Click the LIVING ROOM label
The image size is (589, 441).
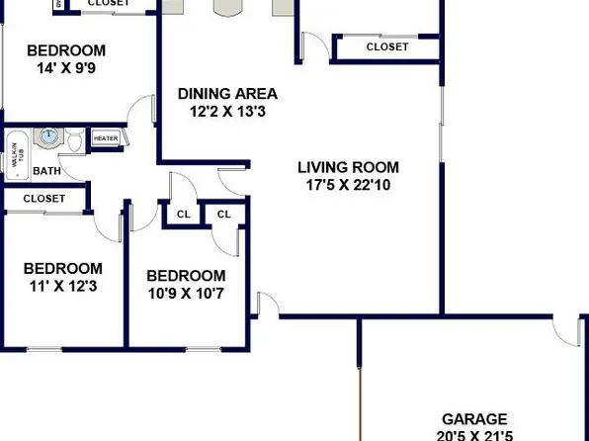(345, 166)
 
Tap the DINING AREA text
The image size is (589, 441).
(227, 94)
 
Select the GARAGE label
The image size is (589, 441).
(474, 419)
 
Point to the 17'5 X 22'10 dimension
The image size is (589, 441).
(345, 185)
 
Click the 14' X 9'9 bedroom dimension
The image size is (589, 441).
(66, 69)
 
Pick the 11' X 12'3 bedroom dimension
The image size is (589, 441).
(63, 287)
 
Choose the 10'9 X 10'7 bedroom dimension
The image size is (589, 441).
(186, 294)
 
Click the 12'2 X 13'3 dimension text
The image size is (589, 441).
(227, 112)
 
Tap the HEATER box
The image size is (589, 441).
(106, 138)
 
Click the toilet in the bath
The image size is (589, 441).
(75, 143)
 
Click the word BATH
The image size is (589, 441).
(46, 171)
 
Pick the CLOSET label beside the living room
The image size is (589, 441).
(386, 46)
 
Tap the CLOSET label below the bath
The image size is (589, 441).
(43, 199)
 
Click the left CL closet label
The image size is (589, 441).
(183, 215)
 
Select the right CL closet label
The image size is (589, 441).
(223, 215)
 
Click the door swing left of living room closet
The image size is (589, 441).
(314, 45)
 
